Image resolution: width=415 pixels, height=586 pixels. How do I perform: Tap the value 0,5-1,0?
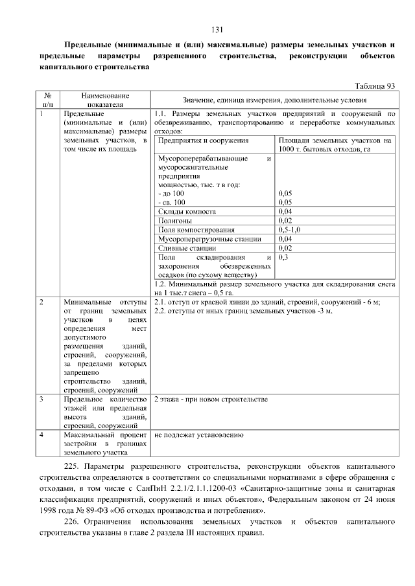pos(290,229)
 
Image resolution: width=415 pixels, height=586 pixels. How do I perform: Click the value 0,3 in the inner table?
pos(283,257)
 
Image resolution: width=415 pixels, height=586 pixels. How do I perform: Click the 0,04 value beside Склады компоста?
pos(285,211)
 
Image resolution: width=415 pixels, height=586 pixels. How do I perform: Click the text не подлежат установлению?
pos(198,436)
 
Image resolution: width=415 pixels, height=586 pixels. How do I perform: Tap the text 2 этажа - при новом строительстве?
pos(210,400)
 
